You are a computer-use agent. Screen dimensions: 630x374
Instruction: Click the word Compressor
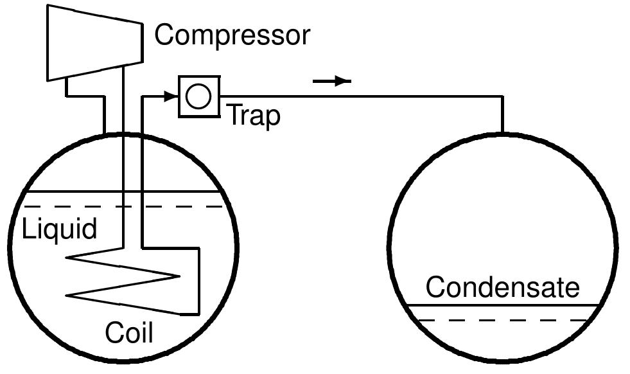[232, 35]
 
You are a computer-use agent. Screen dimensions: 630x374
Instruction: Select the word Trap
[254, 116]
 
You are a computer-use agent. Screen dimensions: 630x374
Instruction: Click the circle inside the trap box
[199, 96]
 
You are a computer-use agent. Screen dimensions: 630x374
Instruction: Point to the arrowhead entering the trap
[170, 96]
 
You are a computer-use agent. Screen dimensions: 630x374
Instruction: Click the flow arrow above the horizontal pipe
[332, 81]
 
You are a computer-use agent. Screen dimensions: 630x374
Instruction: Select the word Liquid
[60, 228]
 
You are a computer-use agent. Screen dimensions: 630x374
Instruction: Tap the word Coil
[129, 332]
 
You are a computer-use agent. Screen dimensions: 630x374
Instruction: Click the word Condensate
[503, 287]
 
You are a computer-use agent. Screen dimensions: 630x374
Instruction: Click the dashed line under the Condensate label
[503, 320]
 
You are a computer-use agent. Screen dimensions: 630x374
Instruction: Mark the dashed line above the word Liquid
[123, 207]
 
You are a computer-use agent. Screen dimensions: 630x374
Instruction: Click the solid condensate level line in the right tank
[503, 306]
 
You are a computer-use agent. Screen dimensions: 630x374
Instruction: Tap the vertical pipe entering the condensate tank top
[502, 114]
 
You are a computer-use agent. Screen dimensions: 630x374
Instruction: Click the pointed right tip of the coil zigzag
[179, 276]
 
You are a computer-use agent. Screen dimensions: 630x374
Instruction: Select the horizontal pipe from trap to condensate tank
[362, 96]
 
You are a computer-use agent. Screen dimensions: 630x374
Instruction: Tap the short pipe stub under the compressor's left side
[66, 87]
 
